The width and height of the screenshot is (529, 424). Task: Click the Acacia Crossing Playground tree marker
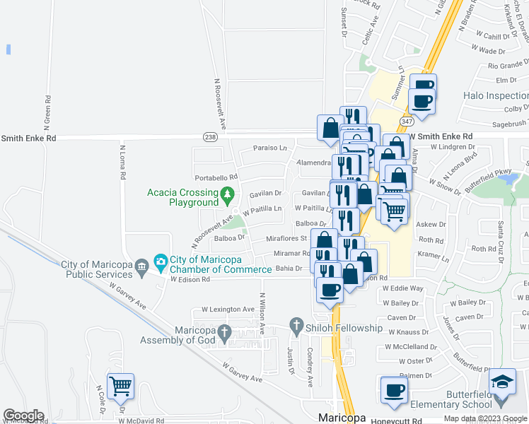[x=227, y=193]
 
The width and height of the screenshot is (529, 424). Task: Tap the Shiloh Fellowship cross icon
[x=297, y=327]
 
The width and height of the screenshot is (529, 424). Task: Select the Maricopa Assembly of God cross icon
[x=224, y=331]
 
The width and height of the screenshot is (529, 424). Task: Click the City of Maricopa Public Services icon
[x=142, y=266]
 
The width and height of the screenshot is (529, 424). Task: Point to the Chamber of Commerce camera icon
[x=161, y=261]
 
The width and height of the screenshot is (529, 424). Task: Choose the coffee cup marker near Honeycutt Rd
[x=395, y=390]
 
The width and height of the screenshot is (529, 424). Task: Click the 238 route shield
[x=210, y=136]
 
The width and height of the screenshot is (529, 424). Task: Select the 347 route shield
[x=406, y=122]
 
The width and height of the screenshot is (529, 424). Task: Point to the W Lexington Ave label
[x=228, y=310]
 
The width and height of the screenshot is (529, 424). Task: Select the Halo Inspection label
[x=495, y=95]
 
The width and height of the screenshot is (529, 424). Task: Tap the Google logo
[x=23, y=416]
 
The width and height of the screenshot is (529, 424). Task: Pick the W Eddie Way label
[x=402, y=288]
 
